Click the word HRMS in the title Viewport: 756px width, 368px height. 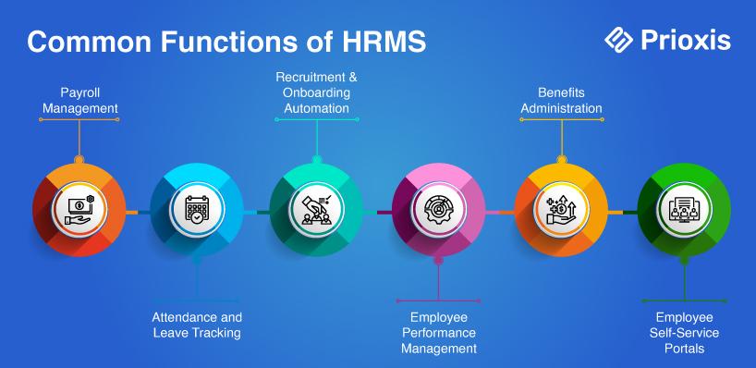[384, 42]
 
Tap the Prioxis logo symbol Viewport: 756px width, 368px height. [618, 40]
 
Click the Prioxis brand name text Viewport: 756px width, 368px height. [686, 40]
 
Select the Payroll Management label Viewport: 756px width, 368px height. [80, 100]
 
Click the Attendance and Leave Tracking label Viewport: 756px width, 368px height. [197, 325]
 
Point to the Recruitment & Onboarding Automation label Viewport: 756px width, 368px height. [316, 92]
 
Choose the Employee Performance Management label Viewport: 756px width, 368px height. [439, 333]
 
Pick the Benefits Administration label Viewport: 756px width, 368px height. [561, 100]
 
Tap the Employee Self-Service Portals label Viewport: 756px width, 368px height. [684, 333]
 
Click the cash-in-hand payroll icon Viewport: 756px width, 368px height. [79, 210]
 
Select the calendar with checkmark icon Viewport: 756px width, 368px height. [197, 210]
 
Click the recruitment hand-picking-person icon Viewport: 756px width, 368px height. [316, 210]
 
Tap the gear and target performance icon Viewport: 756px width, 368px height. [439, 210]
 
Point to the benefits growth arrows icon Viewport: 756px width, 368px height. [561, 210]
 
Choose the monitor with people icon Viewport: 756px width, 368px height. [684, 210]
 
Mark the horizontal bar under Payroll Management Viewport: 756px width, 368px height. [79, 119]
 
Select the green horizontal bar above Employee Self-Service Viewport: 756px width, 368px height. [684, 301]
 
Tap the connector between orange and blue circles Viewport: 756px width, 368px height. [138, 213]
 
